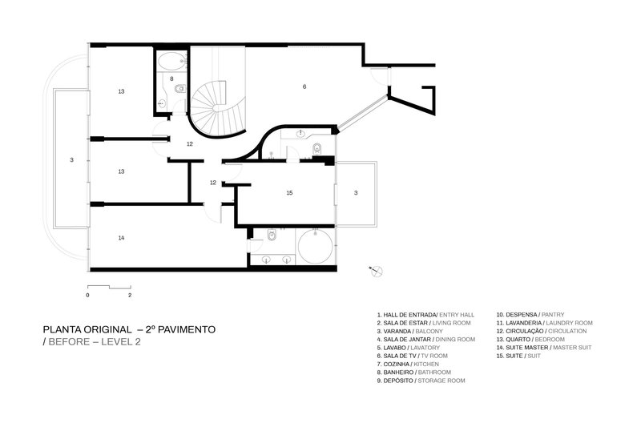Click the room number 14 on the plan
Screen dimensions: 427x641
(x=121, y=238)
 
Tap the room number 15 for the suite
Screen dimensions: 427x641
(x=289, y=193)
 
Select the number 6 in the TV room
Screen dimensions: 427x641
(x=304, y=86)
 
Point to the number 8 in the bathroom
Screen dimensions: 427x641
(x=171, y=79)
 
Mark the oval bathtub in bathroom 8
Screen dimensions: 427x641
(x=169, y=61)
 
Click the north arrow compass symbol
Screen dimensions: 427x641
(x=374, y=271)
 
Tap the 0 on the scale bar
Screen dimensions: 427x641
(x=87, y=295)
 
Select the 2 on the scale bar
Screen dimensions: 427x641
(x=130, y=295)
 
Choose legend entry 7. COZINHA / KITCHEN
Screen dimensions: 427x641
(x=409, y=364)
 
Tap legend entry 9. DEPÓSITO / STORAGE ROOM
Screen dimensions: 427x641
(x=421, y=381)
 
